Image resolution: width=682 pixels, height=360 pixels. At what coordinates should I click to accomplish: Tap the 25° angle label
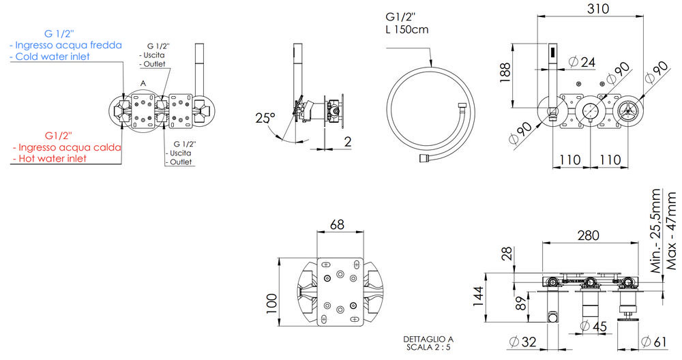pos(265,117)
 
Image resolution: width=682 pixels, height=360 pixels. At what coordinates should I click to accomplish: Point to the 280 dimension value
pos(587,235)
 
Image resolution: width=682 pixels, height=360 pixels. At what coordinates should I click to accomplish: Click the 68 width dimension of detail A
pos(336,224)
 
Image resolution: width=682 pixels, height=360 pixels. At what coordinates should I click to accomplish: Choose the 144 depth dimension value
pos(480,295)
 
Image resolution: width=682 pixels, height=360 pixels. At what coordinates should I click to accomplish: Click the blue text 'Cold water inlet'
pos(50,57)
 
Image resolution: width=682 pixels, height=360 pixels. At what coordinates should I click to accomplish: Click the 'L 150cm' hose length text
pos(407,30)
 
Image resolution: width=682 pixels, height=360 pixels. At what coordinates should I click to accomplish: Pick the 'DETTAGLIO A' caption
pos(428,339)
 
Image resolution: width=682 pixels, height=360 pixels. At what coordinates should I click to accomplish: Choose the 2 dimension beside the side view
pos(347,142)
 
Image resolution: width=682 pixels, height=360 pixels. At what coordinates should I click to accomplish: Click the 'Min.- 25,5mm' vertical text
pos(655,231)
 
